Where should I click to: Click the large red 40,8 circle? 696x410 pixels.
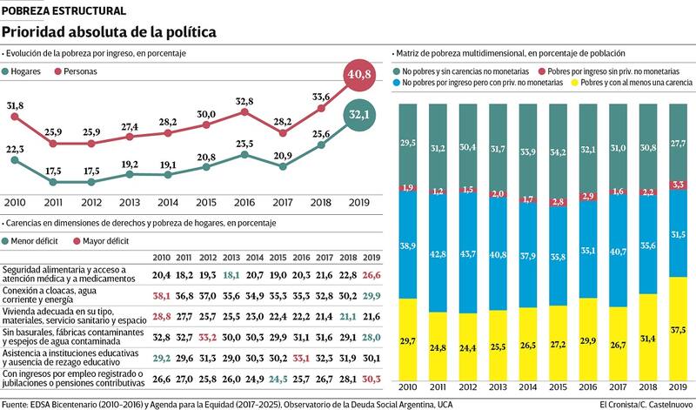[x=360, y=75]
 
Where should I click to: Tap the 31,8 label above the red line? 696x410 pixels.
[x=15, y=106]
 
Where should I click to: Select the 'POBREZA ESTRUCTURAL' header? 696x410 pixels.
[x=63, y=10]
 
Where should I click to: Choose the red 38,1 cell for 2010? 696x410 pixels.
[x=161, y=295]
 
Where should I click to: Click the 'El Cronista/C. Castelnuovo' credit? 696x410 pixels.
[x=645, y=404]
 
